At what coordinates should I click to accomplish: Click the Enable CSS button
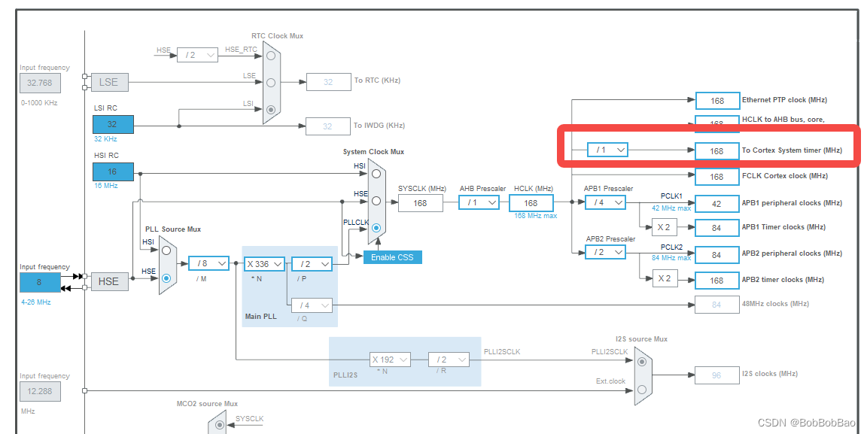click(392, 257)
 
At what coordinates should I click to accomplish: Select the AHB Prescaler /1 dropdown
click(479, 202)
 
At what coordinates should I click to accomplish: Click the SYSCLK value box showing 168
click(420, 202)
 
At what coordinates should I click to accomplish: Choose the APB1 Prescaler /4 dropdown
click(605, 202)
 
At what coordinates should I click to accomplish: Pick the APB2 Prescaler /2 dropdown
click(605, 252)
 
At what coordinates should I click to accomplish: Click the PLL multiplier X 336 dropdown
click(263, 264)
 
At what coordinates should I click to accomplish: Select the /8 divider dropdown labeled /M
click(208, 263)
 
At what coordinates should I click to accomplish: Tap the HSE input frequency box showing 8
click(39, 282)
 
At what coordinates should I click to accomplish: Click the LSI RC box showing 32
click(113, 124)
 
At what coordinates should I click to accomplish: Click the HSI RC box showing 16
click(113, 172)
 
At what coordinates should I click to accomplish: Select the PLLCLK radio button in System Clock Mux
click(376, 227)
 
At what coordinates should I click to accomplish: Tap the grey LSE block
click(109, 82)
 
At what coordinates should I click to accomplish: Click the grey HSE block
click(108, 281)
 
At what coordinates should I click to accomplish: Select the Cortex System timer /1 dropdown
click(607, 150)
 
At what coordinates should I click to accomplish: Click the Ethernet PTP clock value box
click(716, 100)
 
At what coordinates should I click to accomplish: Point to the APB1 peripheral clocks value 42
click(716, 204)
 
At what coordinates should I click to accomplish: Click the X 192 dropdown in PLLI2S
click(390, 360)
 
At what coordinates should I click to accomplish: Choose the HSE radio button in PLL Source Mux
click(166, 278)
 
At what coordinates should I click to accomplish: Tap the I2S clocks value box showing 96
click(716, 375)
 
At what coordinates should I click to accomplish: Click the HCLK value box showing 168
click(531, 203)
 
